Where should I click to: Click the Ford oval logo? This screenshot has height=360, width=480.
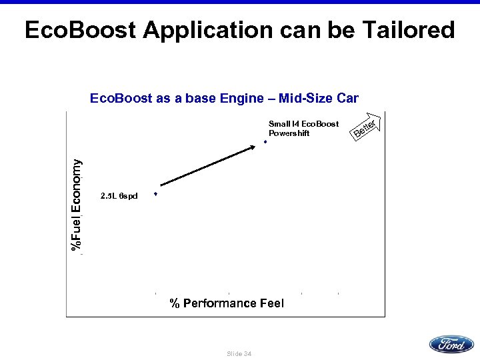coord(451,344)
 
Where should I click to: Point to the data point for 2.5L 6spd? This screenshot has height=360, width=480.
coord(155,194)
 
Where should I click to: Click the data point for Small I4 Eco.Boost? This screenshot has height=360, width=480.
coord(265,142)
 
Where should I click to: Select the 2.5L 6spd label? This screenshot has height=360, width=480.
coord(119,196)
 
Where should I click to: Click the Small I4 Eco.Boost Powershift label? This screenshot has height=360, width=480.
coord(303,129)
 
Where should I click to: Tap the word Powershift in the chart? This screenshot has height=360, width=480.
coord(289,133)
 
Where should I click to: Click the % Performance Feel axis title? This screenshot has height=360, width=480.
coord(227,304)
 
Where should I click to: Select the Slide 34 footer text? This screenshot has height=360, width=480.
coord(239,353)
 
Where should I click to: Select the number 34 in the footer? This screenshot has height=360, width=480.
coord(247,353)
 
